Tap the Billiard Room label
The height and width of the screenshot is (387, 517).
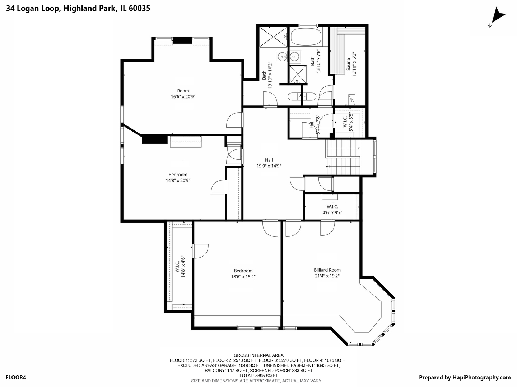click(x=327, y=270)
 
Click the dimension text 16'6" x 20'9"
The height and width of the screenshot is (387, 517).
click(x=183, y=97)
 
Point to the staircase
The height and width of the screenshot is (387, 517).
click(x=343, y=157)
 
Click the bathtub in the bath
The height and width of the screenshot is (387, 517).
click(x=306, y=37)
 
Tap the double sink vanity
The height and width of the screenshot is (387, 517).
click(x=288, y=56)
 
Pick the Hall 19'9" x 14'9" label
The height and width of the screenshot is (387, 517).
click(x=269, y=163)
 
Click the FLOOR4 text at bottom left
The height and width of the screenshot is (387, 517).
click(x=16, y=377)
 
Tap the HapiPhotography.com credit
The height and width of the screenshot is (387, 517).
click(x=465, y=377)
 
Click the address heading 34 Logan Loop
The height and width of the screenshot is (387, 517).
click(x=78, y=8)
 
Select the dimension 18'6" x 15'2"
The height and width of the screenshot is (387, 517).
click(x=243, y=277)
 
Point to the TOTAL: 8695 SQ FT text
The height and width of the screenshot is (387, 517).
click(x=258, y=376)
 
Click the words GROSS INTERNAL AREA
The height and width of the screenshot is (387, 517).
click(x=258, y=355)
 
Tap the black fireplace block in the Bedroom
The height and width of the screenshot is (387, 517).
click(x=155, y=139)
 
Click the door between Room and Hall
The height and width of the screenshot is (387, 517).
click(x=234, y=121)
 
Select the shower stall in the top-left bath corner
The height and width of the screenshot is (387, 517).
click(x=273, y=36)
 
